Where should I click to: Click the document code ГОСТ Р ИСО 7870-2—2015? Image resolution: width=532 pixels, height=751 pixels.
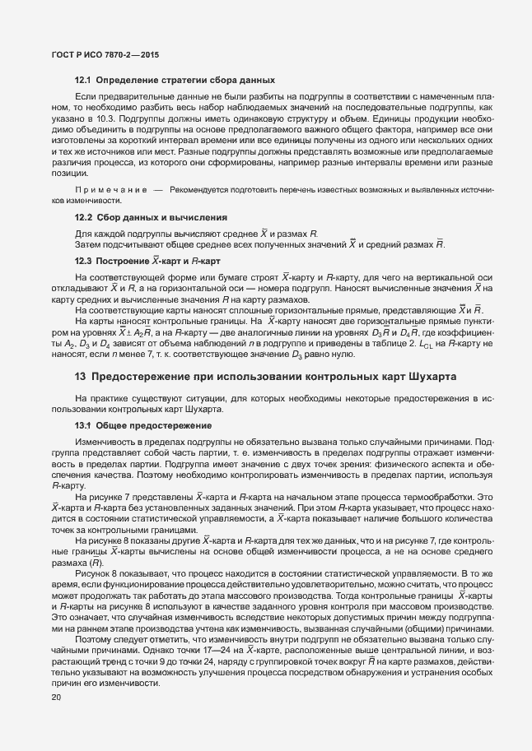[x=100, y=55]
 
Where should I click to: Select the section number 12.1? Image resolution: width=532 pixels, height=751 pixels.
[x=83, y=81]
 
